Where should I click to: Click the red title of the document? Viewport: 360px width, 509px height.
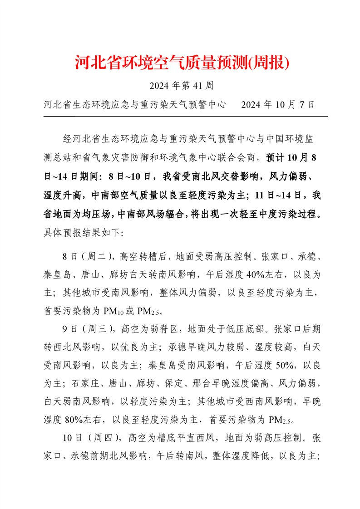tap(182, 63)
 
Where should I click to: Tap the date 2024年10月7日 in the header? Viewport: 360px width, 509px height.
tap(278, 105)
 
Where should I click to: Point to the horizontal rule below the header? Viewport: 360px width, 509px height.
tap(185, 117)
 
